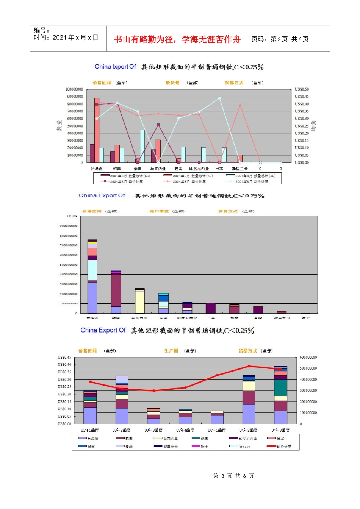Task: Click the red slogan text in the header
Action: tap(177, 39)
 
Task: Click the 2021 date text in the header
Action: tap(66, 37)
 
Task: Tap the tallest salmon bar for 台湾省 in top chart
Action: tap(97, 129)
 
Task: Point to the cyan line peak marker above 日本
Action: tap(219, 98)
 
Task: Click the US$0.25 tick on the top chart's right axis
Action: tap(302, 126)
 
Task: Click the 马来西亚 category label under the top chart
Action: tap(158, 169)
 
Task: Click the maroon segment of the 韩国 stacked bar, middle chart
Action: tap(116, 290)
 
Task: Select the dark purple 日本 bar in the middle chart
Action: tap(211, 308)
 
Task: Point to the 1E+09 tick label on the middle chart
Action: tap(72, 216)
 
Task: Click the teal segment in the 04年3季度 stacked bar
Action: tap(280, 387)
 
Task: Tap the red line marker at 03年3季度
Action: tap(153, 391)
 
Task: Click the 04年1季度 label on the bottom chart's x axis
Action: tap(217, 431)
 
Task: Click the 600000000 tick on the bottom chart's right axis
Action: tap(308, 358)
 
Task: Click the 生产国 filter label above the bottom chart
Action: tap(171, 351)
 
